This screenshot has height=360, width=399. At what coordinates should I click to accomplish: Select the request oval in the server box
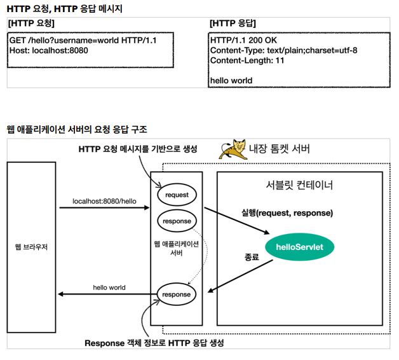click(x=177, y=194)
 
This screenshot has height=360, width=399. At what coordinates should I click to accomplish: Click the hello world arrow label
click(x=109, y=287)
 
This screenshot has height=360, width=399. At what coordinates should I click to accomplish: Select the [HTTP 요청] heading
click(x=32, y=23)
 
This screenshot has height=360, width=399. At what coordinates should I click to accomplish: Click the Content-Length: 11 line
click(x=247, y=60)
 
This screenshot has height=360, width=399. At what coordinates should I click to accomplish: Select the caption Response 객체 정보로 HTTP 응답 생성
click(x=154, y=343)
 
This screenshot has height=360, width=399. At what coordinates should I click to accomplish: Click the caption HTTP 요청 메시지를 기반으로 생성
click(x=138, y=149)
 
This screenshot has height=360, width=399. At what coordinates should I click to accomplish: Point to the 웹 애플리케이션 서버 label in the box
click(x=177, y=248)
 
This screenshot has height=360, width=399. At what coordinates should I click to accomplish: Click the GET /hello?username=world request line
click(x=83, y=40)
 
